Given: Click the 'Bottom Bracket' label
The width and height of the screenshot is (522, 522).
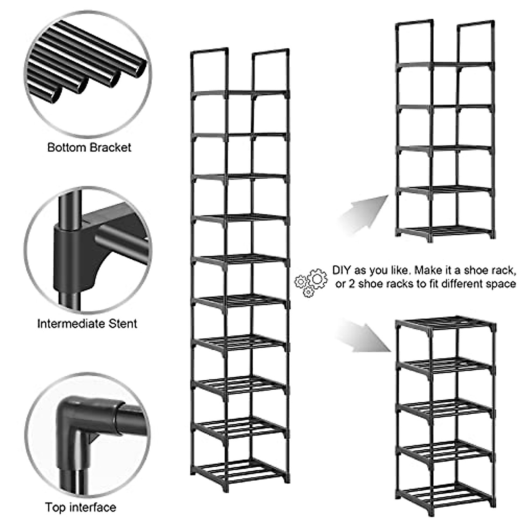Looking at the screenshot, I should coord(89,147).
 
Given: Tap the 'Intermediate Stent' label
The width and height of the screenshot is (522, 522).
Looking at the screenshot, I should coord(87,324).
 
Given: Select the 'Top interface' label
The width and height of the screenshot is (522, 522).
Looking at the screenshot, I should coord(80,507).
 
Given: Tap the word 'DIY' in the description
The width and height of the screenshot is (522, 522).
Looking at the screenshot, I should coord(341,270).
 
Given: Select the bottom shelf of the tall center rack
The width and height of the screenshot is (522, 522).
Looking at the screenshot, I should coord(240,470).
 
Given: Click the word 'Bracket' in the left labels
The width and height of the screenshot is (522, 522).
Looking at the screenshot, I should coord(110,147).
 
